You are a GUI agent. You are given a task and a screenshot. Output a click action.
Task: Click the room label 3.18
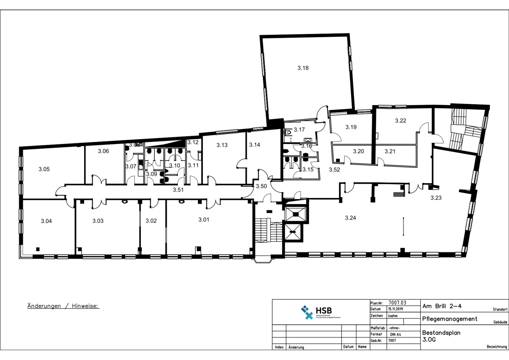point(303,68)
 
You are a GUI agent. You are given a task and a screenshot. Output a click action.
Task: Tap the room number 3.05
point(44,169)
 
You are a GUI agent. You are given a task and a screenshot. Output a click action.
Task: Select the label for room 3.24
point(350,218)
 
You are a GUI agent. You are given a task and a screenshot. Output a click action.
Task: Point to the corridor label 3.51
point(178,190)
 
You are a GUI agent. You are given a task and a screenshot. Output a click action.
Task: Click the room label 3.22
point(400,121)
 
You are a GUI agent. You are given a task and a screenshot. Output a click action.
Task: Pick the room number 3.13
point(222,145)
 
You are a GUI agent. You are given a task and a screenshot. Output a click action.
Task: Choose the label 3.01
point(204,220)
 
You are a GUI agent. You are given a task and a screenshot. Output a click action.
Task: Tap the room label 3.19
point(351,127)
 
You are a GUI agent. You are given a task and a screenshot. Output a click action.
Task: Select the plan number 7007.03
point(397,303)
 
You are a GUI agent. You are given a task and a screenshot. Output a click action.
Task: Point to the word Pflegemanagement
point(450,319)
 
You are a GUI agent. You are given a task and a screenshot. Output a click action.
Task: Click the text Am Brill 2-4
point(442,306)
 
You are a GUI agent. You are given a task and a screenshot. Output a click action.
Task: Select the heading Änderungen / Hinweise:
point(63,306)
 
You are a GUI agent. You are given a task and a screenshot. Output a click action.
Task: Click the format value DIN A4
point(395,334)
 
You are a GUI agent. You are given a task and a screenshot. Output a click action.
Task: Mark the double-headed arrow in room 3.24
point(403,227)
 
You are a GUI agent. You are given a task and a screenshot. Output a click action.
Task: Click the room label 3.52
point(334,170)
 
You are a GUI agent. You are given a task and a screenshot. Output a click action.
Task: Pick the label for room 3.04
point(46,221)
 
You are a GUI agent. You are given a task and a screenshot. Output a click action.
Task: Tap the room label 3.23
point(436,198)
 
